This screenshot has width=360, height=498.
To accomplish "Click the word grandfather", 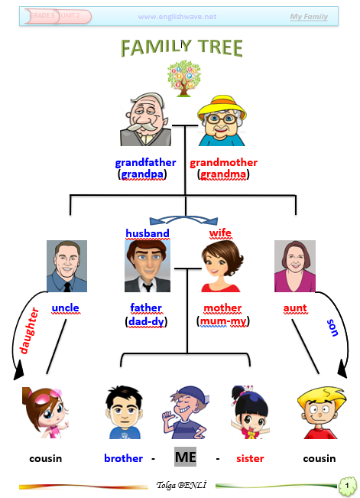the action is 145,163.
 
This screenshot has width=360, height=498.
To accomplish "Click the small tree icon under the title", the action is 183,79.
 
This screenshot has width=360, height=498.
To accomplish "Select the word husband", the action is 148,233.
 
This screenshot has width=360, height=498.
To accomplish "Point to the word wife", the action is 220,233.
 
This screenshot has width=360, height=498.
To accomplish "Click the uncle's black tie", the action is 67,287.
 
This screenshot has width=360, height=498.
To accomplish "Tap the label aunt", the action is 295,308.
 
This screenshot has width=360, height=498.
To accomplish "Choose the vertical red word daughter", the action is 29,330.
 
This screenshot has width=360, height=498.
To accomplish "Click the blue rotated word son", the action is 332,327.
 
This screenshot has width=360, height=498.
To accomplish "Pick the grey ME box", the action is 186,457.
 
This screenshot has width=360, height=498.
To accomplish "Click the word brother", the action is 124,458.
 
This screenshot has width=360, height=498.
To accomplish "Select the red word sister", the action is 250,459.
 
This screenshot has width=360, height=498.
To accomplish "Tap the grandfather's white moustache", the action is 141,127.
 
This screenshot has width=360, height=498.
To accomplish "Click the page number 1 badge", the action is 347,485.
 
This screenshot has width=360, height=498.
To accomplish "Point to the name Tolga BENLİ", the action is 181,485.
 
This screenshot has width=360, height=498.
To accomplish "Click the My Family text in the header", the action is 309,17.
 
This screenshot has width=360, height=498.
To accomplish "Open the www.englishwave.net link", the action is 177,17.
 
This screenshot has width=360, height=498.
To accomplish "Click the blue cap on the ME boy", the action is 191,394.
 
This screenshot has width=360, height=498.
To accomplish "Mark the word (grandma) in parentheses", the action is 223,174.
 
